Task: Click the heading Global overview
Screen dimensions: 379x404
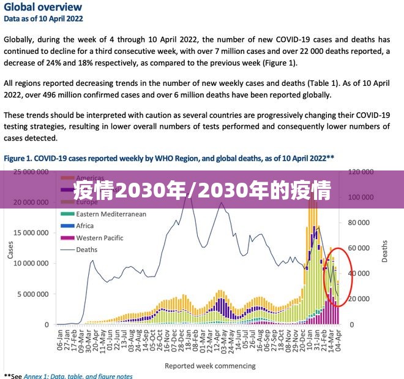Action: tap(43, 7)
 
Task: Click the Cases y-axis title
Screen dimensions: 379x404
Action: tap(10, 248)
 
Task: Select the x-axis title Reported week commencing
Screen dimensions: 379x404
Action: tap(210, 366)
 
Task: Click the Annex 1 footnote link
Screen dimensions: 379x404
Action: tap(78, 376)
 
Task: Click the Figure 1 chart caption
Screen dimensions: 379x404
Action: tap(169, 158)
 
